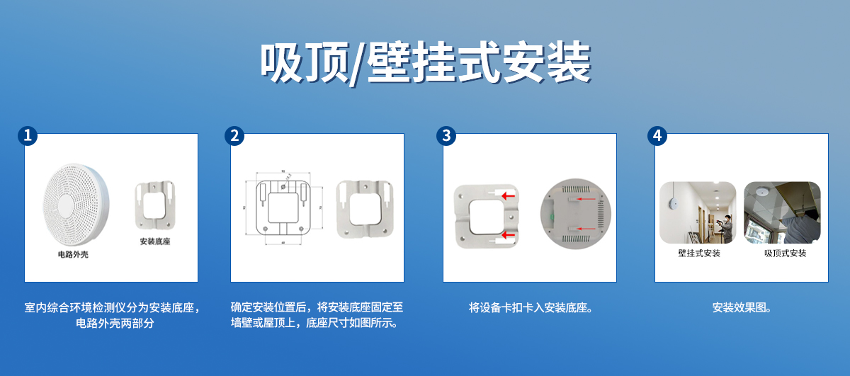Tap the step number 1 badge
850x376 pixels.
[28, 136]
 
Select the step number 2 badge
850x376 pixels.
[234, 136]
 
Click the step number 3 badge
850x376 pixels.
[446, 136]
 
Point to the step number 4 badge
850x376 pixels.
[657, 136]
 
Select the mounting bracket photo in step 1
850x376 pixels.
[155, 205]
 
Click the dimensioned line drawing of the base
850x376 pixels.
[281, 206]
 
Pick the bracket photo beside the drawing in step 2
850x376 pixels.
[363, 209]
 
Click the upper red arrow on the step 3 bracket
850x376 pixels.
[508, 195]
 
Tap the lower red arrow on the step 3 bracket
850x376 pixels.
[508, 235]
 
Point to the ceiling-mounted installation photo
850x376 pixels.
[782, 212]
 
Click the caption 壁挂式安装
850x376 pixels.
[698, 253]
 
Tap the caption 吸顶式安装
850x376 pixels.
[785, 253]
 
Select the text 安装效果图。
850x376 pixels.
[742, 308]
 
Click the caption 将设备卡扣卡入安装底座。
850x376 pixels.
[531, 308]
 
